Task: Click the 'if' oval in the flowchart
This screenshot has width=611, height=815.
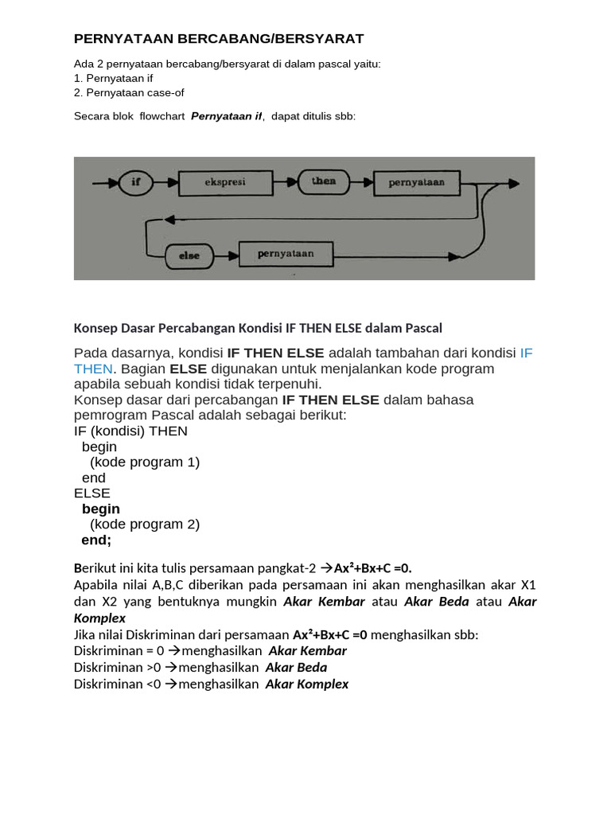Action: point(135,182)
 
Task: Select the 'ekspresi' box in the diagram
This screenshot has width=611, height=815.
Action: point(225,183)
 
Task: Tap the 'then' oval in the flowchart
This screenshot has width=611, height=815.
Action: point(324,182)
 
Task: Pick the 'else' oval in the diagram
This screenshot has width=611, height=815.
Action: point(189,256)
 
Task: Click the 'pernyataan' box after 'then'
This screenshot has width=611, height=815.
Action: point(417,183)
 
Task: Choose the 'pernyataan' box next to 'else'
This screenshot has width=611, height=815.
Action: point(286,254)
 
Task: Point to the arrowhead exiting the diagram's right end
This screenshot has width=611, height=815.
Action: point(513,184)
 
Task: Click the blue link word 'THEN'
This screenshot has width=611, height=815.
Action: point(93,369)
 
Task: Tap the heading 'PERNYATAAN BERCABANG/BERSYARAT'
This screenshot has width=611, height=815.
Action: point(219,39)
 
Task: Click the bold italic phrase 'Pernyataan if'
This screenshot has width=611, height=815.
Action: point(227,116)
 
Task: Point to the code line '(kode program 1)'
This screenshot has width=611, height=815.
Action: point(145,462)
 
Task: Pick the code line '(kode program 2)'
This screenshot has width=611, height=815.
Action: point(145,524)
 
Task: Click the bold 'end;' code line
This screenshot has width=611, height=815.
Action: point(96,540)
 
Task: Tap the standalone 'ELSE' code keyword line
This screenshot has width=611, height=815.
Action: point(92,493)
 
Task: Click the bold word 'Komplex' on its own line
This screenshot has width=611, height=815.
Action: point(99,618)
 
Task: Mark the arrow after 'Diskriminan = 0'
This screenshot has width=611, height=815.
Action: point(174,651)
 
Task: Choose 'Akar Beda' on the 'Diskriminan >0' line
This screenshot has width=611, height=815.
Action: point(296,668)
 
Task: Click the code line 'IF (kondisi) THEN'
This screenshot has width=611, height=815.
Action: point(130,431)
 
